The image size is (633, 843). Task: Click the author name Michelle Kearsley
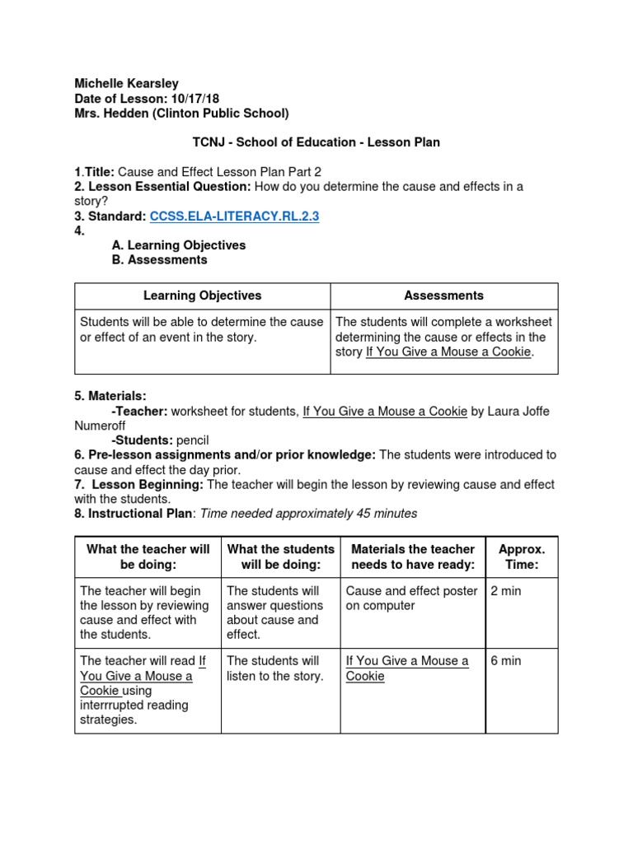(126, 83)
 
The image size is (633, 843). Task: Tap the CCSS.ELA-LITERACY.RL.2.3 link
(234, 217)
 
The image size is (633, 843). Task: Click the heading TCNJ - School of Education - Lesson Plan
(316, 142)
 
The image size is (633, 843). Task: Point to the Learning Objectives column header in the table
(202, 296)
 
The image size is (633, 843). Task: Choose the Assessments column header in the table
(444, 296)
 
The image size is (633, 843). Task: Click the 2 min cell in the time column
(505, 591)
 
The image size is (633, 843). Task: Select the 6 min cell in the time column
(505, 661)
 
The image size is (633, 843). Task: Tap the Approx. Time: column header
(522, 557)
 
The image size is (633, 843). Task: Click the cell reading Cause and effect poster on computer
(411, 598)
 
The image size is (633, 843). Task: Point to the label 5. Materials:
(110, 396)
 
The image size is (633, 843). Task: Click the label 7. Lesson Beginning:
(139, 484)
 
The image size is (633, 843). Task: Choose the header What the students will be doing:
(280, 557)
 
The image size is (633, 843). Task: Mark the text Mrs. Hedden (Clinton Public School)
(181, 113)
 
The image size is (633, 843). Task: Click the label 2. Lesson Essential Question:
(162, 187)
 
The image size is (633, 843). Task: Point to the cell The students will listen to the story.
(274, 668)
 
